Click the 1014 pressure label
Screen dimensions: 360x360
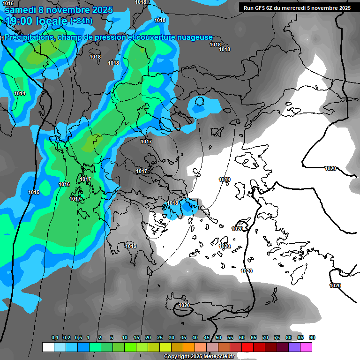(20, 94)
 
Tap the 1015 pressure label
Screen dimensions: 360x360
(33, 193)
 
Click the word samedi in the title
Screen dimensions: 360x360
(21, 10)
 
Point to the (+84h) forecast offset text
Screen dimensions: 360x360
(81, 21)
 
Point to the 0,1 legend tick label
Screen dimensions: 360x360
(55, 338)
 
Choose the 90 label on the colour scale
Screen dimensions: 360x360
(312, 338)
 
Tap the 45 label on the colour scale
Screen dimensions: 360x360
(207, 338)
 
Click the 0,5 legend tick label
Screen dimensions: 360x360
(78, 338)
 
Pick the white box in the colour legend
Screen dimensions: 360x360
(48, 347)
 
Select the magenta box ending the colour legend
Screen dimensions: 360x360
(306, 347)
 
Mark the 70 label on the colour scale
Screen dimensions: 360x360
(265, 338)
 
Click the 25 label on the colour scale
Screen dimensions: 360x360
(160, 338)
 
